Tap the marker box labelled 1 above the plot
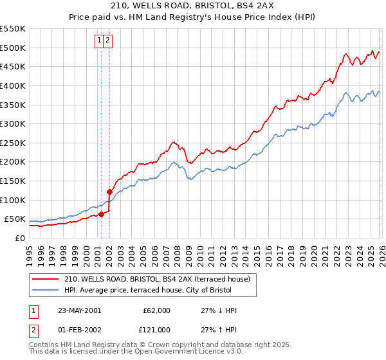100,40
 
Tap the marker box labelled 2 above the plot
108,40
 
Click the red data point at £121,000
109,192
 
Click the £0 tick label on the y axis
19,238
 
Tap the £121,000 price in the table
156,330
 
